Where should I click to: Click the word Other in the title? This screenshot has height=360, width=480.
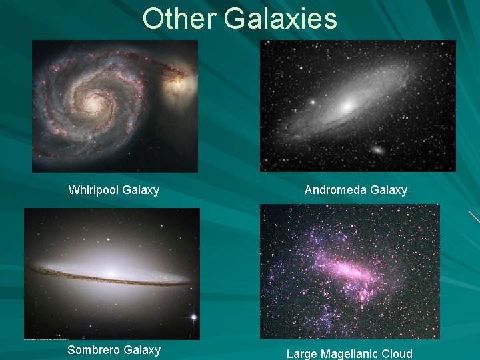[x=179, y=19]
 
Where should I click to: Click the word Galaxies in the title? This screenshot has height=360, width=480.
[x=281, y=19]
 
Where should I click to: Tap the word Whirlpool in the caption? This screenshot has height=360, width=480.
[x=92, y=191]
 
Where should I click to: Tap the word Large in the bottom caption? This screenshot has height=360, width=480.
[x=301, y=354]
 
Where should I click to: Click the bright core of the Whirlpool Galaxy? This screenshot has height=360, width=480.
[x=91, y=104]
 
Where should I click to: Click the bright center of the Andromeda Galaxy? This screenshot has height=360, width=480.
[x=347, y=106]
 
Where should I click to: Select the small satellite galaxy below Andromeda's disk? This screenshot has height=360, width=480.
[x=378, y=150]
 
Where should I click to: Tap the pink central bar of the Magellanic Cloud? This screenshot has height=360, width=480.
[x=350, y=271]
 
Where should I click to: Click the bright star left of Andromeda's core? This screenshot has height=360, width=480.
[x=311, y=102]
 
